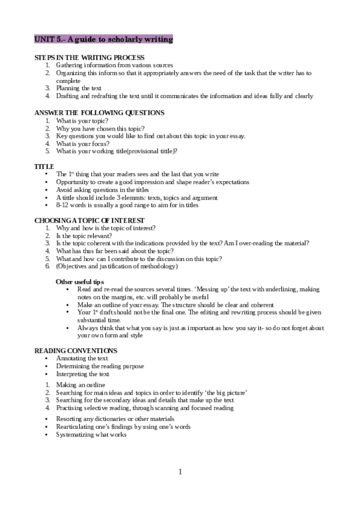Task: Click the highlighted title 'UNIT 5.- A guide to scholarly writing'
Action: tap(104, 39)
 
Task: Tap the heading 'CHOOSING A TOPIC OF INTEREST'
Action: tap(90, 221)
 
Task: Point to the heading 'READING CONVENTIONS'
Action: tap(76, 351)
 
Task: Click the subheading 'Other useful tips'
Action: tap(80, 281)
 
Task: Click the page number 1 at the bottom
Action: tap(180, 472)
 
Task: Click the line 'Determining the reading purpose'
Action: tap(100, 366)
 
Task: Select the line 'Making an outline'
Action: tap(81, 384)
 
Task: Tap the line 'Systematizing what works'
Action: tap(91, 434)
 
